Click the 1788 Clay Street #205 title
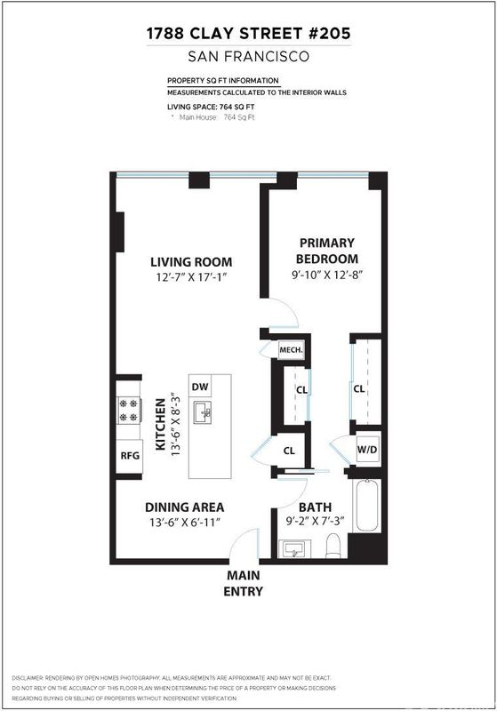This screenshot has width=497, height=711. point(249,33)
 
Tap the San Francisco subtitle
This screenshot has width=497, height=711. point(249,56)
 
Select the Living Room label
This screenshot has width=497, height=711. point(191,261)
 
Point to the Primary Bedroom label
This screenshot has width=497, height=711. point(327,251)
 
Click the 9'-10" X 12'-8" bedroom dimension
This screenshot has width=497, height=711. point(327,275)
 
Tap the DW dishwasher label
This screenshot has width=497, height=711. point(200,387)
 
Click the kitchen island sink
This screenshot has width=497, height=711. point(204,412)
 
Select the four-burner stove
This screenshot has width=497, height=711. point(129,411)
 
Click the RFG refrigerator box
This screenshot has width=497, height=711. point(130,455)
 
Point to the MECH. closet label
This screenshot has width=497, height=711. point(291,350)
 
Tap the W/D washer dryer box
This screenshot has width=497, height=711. point(367,450)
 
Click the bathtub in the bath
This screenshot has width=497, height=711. point(367,505)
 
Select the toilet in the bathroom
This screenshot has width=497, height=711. point(333,546)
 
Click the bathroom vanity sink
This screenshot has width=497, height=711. point(295,548)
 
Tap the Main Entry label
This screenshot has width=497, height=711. point(244,583)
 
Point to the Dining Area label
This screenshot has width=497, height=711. point(185,507)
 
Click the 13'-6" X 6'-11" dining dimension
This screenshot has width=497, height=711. point(185,523)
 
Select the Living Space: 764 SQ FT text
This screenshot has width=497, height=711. point(211,107)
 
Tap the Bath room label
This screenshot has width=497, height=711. point(315,507)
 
